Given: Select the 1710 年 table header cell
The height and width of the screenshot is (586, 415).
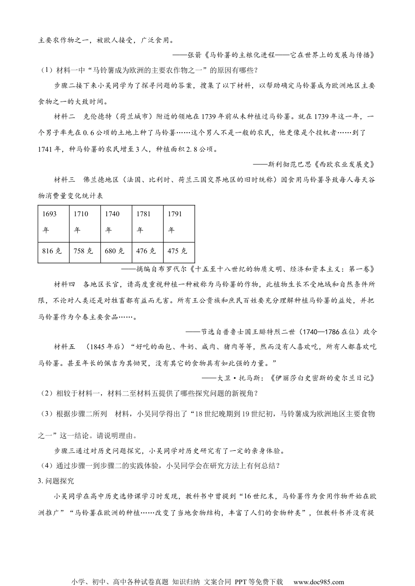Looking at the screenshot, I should (85, 221).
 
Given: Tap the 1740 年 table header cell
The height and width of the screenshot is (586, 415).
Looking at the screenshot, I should (116, 221).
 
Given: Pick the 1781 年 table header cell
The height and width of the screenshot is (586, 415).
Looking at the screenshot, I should (147, 221).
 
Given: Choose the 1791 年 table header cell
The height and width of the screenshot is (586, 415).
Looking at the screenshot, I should (178, 221).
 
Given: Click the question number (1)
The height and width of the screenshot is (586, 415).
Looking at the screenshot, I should (47, 70).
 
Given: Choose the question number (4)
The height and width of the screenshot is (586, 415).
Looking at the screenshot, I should (47, 466).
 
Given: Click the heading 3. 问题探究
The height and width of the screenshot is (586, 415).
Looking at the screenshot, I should (56, 480).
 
